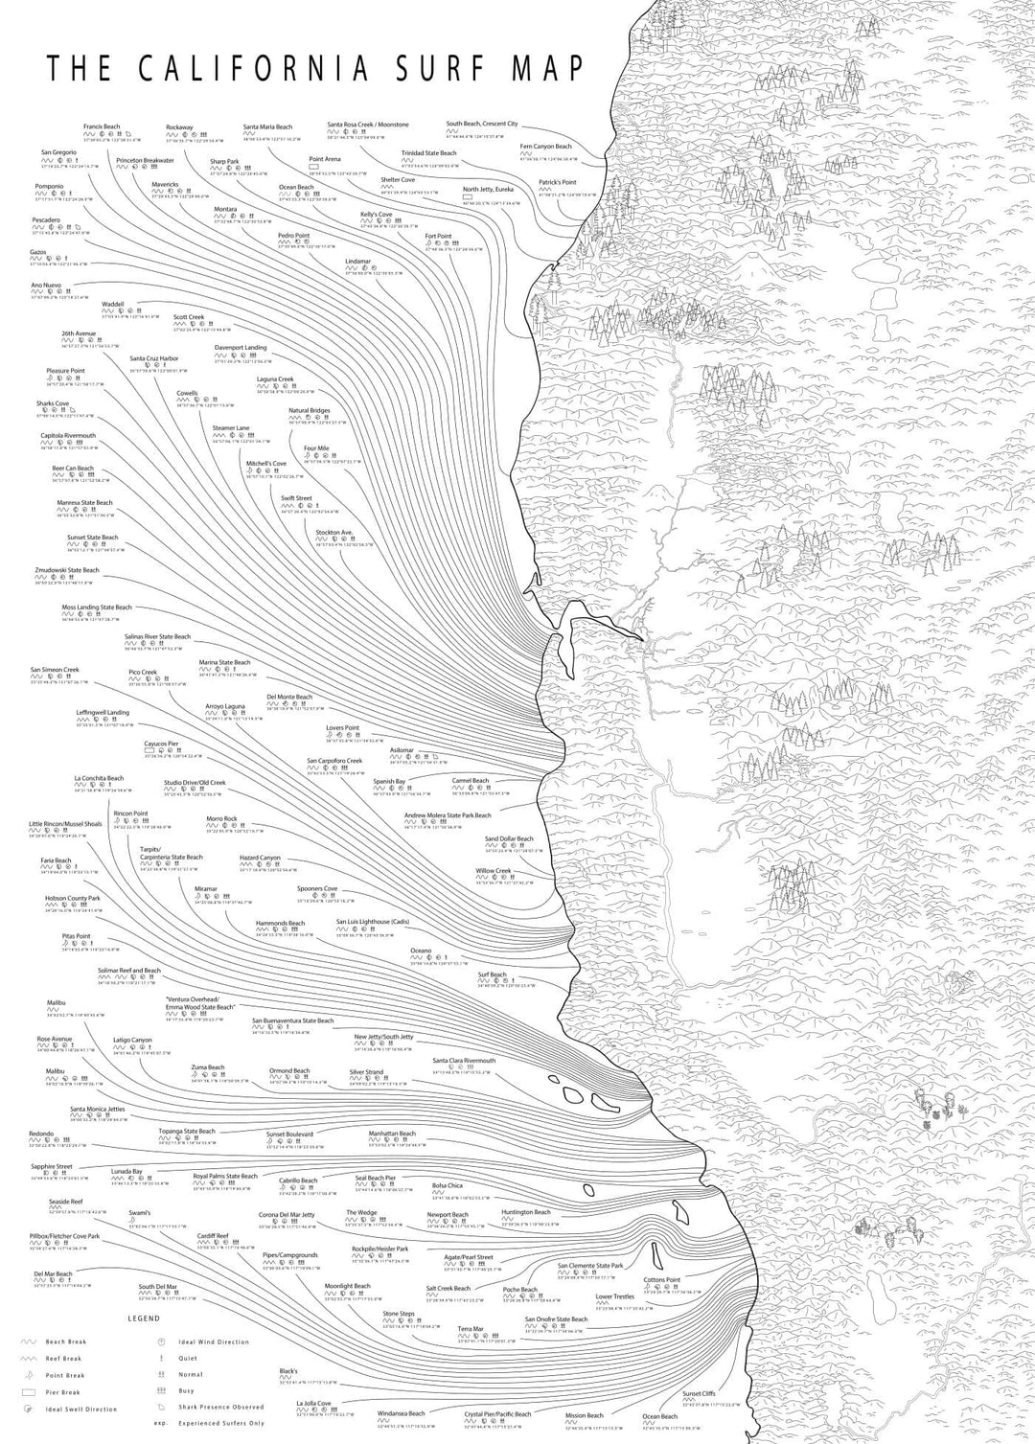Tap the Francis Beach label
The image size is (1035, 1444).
click(x=102, y=126)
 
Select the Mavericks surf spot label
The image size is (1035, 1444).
click(x=165, y=184)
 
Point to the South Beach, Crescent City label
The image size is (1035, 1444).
click(x=481, y=124)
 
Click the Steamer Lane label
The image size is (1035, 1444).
click(x=230, y=427)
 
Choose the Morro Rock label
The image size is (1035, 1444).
click(x=221, y=818)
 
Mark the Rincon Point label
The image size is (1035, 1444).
click(x=130, y=814)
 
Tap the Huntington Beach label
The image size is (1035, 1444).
click(x=526, y=1212)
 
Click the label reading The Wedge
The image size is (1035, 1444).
click(x=361, y=1212)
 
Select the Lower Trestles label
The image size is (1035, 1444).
click(x=614, y=1296)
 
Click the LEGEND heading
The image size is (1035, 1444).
click(x=144, y=1319)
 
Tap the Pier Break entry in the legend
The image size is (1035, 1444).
click(x=63, y=1392)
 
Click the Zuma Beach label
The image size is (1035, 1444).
click(x=207, y=1067)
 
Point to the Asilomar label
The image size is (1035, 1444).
click(x=402, y=750)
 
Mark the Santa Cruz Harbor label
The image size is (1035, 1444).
click(x=154, y=358)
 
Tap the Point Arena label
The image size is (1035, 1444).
click(x=325, y=159)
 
